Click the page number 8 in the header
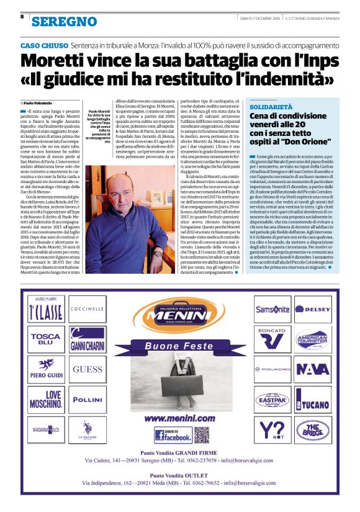(22, 17)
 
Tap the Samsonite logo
(272, 309)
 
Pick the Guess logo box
(87, 369)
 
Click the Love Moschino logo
(45, 398)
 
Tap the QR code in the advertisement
(201, 434)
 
